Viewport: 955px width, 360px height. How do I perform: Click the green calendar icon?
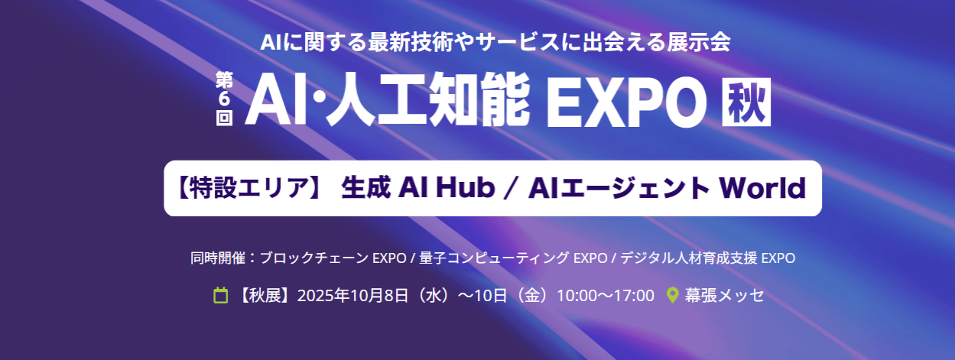click(220, 295)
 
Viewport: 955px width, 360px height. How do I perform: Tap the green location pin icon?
click(672, 295)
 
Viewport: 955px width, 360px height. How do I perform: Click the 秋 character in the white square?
click(746, 102)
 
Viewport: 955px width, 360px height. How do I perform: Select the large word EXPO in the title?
click(625, 102)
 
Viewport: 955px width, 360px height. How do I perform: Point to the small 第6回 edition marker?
click(224, 99)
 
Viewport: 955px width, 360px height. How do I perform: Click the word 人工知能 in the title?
click(430, 101)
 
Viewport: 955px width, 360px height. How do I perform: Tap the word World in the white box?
click(762, 188)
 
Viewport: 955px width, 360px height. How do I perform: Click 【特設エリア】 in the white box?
click(250, 188)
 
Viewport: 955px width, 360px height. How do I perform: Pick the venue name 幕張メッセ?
click(724, 295)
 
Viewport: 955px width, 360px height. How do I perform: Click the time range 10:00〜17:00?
click(606, 296)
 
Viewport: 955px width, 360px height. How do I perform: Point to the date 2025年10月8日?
click(352, 296)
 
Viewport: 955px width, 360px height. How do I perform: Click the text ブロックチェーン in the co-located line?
click(313, 258)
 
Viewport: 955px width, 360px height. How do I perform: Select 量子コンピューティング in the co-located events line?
click(494, 258)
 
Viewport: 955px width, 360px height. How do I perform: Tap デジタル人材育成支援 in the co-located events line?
click(689, 258)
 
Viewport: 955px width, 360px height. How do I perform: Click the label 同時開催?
click(218, 258)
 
